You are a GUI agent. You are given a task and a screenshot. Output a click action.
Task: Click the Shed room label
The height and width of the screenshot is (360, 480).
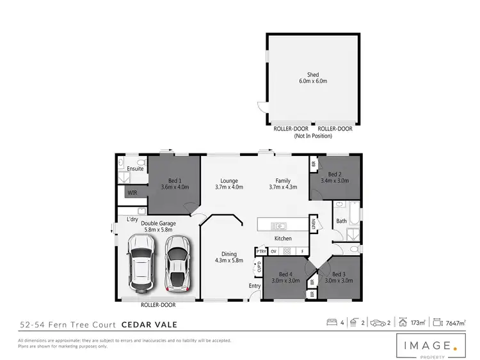tap(312, 74)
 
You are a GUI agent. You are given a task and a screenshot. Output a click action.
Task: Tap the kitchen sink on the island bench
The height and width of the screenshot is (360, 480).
tap(278, 225)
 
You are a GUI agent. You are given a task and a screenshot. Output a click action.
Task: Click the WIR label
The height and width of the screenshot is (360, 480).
tap(131, 192)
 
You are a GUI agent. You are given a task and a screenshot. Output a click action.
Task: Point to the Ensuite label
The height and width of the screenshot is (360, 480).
tap(135, 169)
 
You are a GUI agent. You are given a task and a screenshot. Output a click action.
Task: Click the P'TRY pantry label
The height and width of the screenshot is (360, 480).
tap(261, 251)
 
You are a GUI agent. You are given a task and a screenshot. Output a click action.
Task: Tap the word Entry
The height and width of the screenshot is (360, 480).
tap(255, 286)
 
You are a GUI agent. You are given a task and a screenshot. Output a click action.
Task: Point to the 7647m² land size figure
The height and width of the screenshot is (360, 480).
tap(456, 322)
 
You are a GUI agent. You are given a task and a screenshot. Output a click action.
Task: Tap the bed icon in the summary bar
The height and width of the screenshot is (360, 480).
tap(332, 322)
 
